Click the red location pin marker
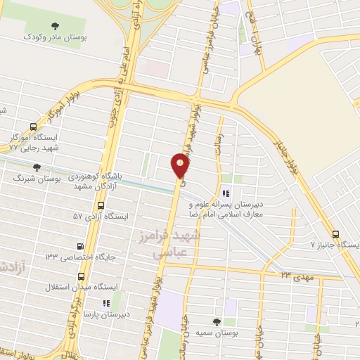click(x=181, y=167)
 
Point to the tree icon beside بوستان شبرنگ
click(x=37, y=167)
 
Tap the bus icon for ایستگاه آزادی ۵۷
click(x=101, y=205)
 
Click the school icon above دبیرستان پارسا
click(x=107, y=303)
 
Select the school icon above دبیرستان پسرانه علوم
click(x=226, y=193)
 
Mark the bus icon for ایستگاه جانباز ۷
click(x=335, y=235)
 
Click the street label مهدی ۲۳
click(x=295, y=277)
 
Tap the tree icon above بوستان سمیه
click(x=226, y=322)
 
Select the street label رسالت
click(x=219, y=140)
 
